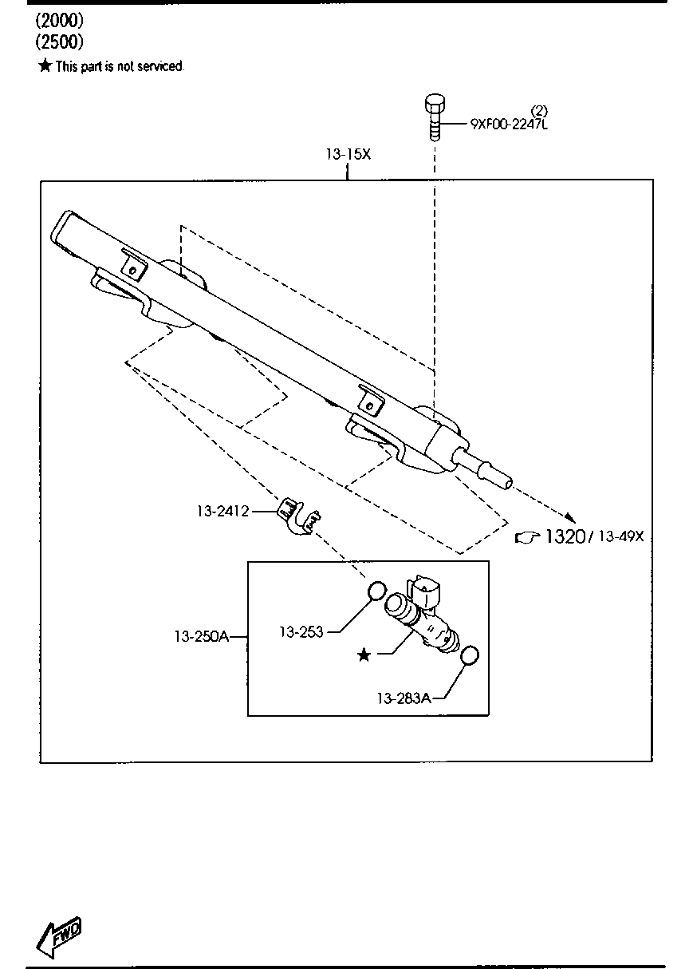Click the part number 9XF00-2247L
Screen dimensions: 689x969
509,125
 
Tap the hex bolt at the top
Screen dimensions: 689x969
435,117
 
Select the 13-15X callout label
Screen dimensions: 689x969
348,154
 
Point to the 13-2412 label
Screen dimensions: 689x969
223,512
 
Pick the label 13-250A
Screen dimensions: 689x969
202,636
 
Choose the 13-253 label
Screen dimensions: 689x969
301,632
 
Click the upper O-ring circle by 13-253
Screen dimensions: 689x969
376,591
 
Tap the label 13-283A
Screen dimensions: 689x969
404,698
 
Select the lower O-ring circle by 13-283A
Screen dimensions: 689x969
469,655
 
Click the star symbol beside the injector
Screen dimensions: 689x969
364,655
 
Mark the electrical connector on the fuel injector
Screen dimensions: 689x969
426,591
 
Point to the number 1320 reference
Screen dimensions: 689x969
565,536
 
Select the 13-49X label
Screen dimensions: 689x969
621,536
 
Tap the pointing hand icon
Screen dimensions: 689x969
527,537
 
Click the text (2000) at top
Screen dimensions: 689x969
60,20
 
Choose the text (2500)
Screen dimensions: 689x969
60,42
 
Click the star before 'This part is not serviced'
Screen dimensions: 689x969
45,65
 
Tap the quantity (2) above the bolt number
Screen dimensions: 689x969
539,111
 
